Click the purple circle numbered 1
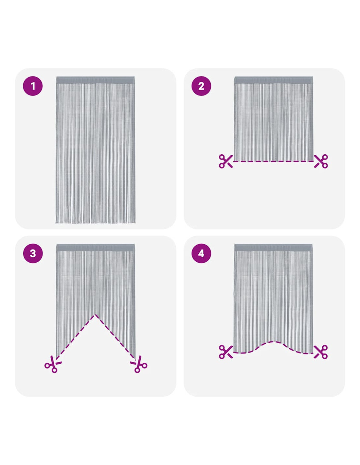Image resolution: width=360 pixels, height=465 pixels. click(x=33, y=86)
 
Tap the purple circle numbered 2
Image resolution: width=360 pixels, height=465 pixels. click(x=201, y=86)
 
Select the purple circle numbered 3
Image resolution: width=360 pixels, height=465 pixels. click(x=33, y=253)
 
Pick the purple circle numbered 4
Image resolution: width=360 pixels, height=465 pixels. click(x=201, y=253)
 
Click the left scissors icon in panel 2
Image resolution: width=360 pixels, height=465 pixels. click(x=226, y=161)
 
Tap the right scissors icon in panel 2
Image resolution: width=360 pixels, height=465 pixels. click(x=321, y=161)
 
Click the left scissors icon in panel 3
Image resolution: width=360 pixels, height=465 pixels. click(x=53, y=364)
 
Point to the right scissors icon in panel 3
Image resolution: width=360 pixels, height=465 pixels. click(x=138, y=364)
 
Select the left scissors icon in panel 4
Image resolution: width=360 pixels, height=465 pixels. click(x=226, y=352)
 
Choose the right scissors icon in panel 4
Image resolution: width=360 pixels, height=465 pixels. click(x=321, y=352)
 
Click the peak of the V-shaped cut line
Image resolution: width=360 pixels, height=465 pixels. click(x=95, y=315)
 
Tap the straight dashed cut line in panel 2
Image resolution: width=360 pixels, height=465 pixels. click(x=273, y=161)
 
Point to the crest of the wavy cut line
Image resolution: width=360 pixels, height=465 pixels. click(x=274, y=342)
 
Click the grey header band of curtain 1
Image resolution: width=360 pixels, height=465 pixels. click(x=95, y=80)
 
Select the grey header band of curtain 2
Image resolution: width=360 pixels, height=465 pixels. click(x=274, y=80)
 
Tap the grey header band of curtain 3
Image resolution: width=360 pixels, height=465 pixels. click(x=95, y=248)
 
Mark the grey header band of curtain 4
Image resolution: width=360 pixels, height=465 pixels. click(x=274, y=248)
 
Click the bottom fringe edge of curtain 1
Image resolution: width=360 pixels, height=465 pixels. click(x=95, y=223)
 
